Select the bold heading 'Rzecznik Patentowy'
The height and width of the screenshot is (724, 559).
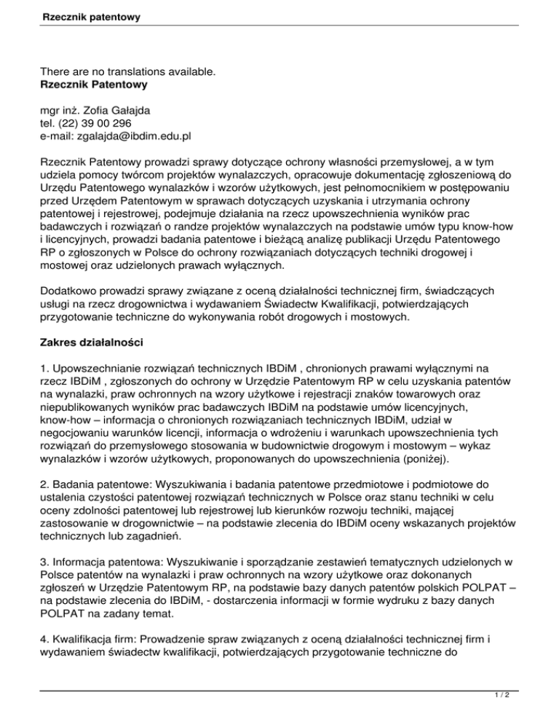coord(95,84)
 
